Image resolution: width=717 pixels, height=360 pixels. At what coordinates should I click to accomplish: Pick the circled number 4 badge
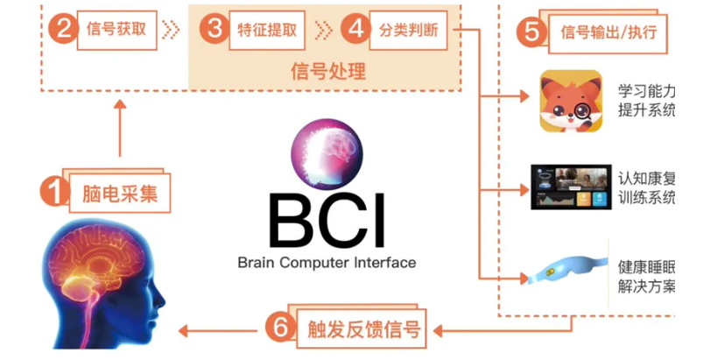pyautogui.click(x=354, y=30)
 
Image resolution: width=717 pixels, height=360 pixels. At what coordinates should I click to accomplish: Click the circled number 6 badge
pyautogui.click(x=278, y=329)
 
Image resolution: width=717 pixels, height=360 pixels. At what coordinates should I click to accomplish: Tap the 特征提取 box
pyautogui.click(x=266, y=30)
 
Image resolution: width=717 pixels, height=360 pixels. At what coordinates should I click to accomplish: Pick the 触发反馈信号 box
pyautogui.click(x=360, y=330)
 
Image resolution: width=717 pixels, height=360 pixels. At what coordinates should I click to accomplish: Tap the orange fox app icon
pyautogui.click(x=570, y=101)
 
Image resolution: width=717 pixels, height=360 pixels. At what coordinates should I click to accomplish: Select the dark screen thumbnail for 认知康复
pyautogui.click(x=570, y=186)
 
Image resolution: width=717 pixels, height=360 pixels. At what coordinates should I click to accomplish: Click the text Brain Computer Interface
pyautogui.click(x=326, y=262)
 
